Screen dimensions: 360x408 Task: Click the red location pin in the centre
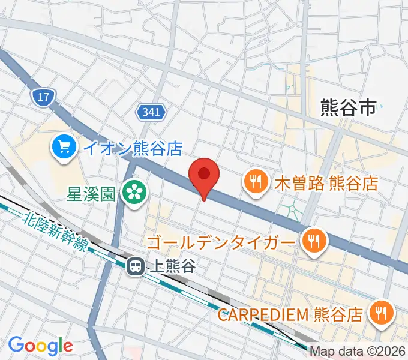(x=204, y=176)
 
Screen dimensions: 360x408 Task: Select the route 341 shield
(x=152, y=112)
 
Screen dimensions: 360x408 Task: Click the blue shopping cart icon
(x=64, y=147)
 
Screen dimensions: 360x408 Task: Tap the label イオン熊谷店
(x=132, y=148)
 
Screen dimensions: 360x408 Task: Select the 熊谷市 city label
(x=348, y=108)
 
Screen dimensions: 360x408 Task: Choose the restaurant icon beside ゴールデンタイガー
(x=313, y=241)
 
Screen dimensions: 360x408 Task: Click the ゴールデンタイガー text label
(x=229, y=242)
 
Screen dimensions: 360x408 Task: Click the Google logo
(x=40, y=346)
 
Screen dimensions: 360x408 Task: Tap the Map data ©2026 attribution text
(x=358, y=351)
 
